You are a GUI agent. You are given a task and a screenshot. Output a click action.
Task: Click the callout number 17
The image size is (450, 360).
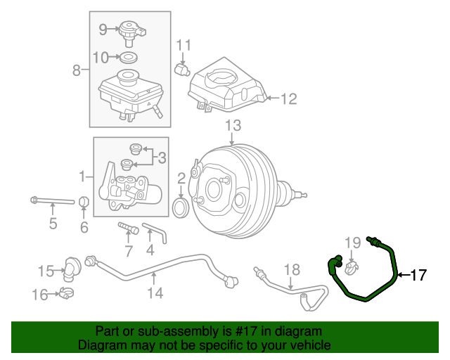click(x=418, y=275)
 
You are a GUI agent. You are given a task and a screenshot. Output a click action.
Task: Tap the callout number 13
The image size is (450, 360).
click(x=233, y=126)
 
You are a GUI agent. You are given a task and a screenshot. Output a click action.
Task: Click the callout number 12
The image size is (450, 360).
click(x=289, y=99)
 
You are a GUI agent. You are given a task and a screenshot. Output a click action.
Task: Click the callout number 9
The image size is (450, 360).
click(x=103, y=29)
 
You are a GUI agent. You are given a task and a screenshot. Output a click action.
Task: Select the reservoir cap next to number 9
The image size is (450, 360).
click(x=129, y=31)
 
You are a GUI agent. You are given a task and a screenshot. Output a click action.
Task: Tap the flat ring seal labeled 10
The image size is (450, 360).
click(x=128, y=56)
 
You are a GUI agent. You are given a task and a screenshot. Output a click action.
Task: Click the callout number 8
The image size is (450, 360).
click(x=77, y=70)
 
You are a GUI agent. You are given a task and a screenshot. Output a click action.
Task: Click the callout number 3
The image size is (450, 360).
click(x=161, y=157)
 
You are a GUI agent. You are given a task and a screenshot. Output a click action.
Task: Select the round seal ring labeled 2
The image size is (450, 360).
click(x=181, y=207)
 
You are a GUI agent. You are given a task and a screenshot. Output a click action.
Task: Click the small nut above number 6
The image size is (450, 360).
click(x=84, y=204)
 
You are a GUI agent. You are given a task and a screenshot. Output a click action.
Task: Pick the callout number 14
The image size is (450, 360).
click(x=155, y=292)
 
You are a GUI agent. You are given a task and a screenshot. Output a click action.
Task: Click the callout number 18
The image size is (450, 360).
click(x=291, y=269)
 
